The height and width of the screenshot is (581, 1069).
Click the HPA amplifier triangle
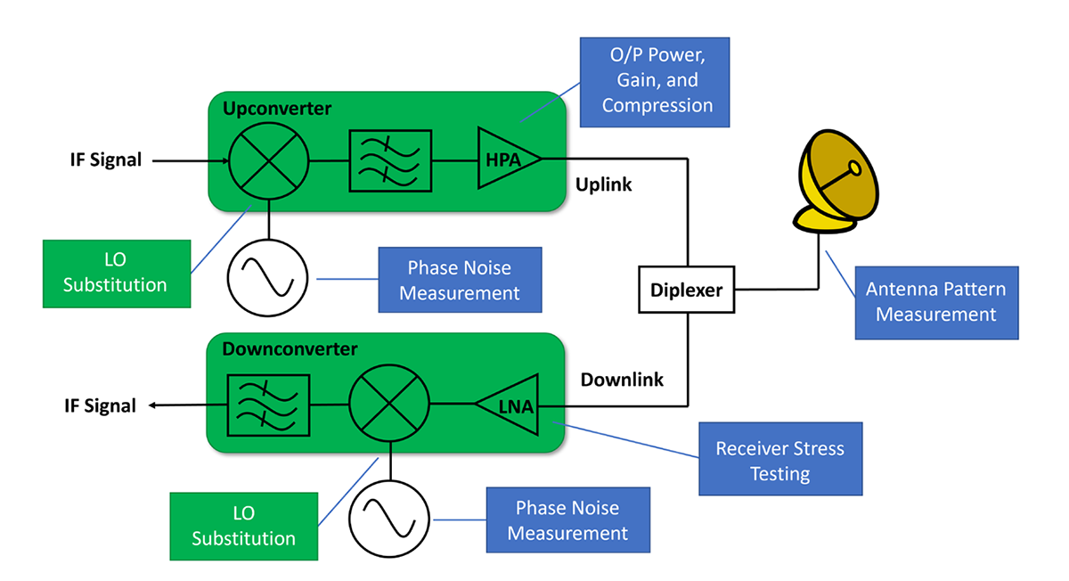point(506,159)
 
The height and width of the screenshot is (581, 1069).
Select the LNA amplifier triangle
point(510,406)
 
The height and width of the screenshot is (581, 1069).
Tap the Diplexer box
point(686,290)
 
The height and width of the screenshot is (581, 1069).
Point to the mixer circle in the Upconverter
point(268,161)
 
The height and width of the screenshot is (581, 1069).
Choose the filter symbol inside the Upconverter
point(390,161)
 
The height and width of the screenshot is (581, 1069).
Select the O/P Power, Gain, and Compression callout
point(655,80)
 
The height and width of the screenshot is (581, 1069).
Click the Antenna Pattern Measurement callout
point(935,302)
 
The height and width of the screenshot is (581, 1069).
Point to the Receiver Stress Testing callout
point(779,460)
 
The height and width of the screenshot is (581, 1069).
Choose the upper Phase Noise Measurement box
point(460,280)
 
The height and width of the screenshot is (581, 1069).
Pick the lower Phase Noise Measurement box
point(567,520)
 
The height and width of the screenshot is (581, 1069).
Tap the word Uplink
point(603,185)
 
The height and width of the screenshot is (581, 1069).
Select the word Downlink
point(622,380)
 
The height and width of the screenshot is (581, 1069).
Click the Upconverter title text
point(276,109)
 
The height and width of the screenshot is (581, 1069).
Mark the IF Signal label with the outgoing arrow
point(100,406)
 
